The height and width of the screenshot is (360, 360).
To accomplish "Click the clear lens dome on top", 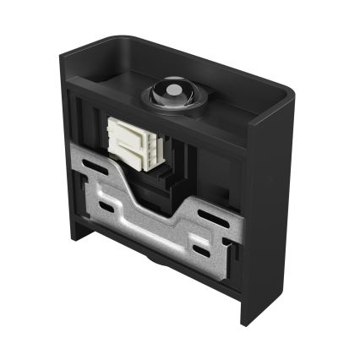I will click(173, 90).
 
